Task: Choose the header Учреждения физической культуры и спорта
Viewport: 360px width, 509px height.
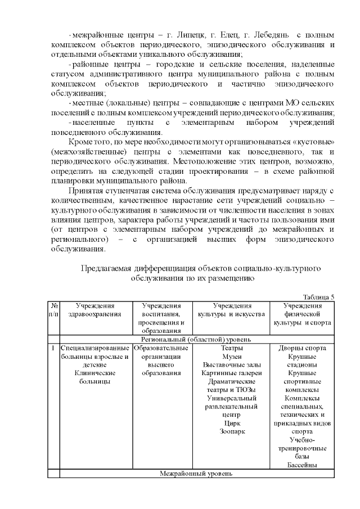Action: coord(302,313)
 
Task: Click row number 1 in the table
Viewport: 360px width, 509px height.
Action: coord(52,348)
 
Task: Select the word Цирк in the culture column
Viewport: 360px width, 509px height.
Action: coord(232,422)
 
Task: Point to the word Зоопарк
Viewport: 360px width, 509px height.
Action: coord(232,431)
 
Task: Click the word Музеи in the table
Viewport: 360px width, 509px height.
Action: coord(232,356)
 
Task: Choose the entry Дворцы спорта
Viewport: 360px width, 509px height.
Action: coord(302,348)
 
